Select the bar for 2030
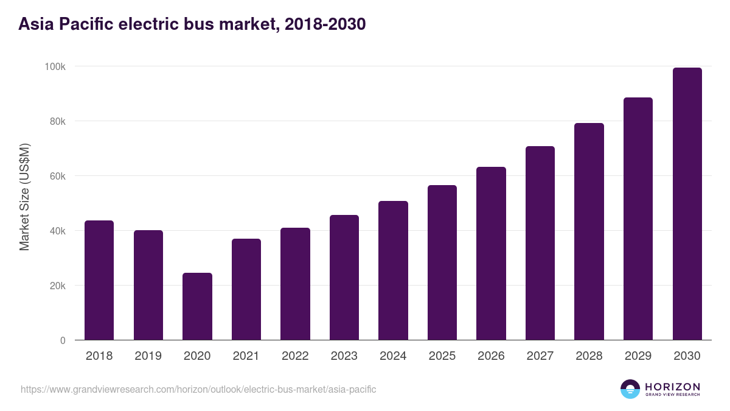coord(687,204)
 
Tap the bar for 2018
coord(99,280)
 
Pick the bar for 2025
coord(442,262)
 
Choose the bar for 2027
coord(540,243)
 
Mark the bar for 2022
coord(295,284)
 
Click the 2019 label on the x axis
coord(148,356)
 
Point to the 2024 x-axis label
coord(393,356)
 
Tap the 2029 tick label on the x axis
coord(638,356)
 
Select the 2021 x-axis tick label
coord(246,356)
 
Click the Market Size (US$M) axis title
coord(24,197)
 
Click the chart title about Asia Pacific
coord(192,24)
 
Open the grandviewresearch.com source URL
coord(198,389)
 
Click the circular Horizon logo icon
coord(630,389)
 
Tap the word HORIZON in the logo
coord(672,386)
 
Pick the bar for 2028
coord(589,231)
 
